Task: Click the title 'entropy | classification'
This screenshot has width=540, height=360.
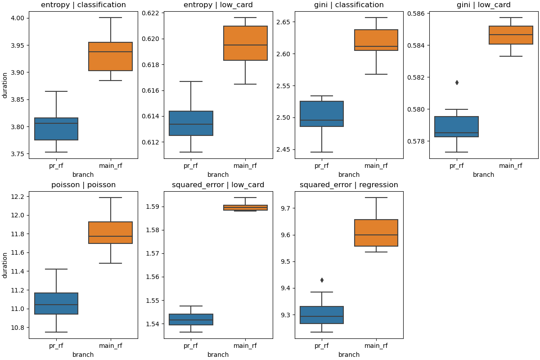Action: [83, 5]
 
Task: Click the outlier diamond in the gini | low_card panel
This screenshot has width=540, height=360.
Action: [457, 82]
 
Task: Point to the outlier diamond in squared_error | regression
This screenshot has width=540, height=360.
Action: [322, 280]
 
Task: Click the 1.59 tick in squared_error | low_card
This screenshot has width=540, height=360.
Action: [154, 207]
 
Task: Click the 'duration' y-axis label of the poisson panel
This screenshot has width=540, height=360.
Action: [5, 265]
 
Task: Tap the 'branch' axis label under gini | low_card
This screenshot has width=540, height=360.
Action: [484, 175]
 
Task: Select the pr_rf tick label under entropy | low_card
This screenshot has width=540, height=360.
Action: [191, 166]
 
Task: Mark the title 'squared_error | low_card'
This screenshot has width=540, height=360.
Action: [218, 185]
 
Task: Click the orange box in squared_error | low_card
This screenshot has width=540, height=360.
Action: [245, 208]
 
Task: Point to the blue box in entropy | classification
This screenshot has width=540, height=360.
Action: [56, 129]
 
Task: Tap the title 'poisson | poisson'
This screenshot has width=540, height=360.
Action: [83, 185]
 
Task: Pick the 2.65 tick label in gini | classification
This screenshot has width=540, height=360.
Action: [285, 22]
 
